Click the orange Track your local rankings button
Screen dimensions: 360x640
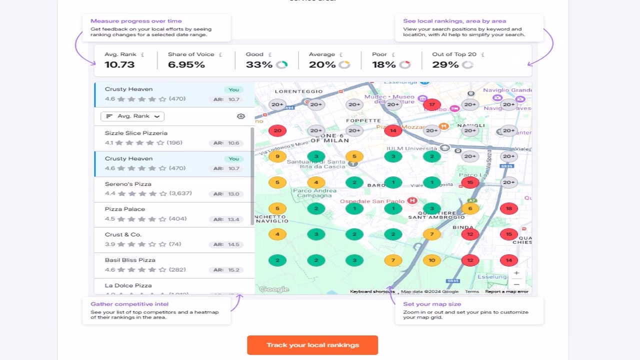[x=312, y=345]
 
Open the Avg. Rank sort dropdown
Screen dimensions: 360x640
[x=132, y=116]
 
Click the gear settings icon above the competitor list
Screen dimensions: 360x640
[x=241, y=116]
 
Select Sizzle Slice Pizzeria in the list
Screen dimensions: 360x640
[x=136, y=133]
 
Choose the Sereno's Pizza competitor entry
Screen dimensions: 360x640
[x=128, y=184]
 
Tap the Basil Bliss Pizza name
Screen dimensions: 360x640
[x=130, y=260]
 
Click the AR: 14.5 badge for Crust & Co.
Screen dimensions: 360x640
[x=226, y=244]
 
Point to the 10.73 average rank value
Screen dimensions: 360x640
[x=119, y=64]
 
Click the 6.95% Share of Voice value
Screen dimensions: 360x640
[x=186, y=64]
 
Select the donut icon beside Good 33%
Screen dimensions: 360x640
[x=281, y=64]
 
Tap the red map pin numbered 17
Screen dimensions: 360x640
[x=431, y=105]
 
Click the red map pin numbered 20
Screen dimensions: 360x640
[x=277, y=131]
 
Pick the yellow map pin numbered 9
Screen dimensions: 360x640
[x=277, y=156]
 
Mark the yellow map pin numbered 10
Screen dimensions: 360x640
[x=431, y=260]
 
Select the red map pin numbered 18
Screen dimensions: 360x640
[x=509, y=208]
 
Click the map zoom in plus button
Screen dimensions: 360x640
[x=516, y=273]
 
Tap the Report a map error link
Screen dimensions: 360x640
[x=506, y=291]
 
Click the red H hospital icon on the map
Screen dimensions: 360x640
[x=412, y=201]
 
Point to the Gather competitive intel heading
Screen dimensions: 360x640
[x=129, y=304]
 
